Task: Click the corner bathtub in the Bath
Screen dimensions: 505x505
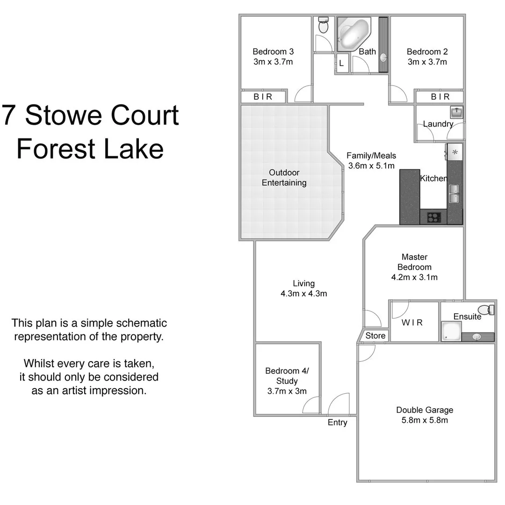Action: click(x=353, y=34)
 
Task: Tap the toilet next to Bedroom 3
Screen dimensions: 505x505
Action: click(x=323, y=25)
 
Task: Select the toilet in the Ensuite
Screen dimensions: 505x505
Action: click(x=489, y=309)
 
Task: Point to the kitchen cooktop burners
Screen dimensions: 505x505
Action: click(x=433, y=217)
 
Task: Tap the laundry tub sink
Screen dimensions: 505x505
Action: click(x=456, y=112)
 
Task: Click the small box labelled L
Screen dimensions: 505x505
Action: click(x=341, y=63)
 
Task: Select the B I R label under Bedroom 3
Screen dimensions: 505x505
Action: click(x=263, y=97)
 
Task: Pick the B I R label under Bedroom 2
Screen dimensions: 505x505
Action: click(x=440, y=97)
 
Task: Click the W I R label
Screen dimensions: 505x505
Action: click(x=412, y=323)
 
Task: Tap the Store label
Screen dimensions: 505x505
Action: click(x=375, y=336)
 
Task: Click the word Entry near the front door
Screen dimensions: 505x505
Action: click(x=337, y=423)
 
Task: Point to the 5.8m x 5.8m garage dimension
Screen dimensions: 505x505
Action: click(x=425, y=420)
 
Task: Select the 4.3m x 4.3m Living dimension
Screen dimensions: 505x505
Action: click(x=303, y=294)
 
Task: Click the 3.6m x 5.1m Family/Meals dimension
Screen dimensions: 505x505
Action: click(x=371, y=166)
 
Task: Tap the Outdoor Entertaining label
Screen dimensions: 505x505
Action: click(x=284, y=178)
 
